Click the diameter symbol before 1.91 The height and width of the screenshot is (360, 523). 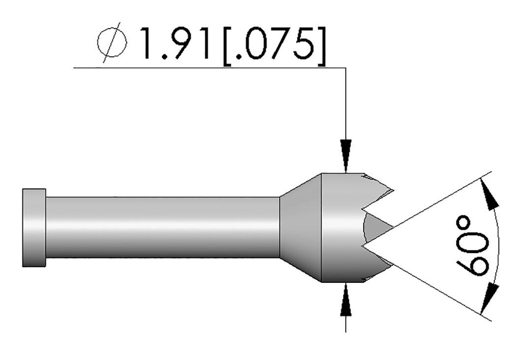(x=112, y=43)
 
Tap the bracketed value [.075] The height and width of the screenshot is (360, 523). (x=273, y=43)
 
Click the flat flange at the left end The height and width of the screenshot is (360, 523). (x=34, y=227)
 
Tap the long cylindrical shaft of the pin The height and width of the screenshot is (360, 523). (x=163, y=227)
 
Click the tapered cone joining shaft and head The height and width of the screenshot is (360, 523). (x=300, y=227)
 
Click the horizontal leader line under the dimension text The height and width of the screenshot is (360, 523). (x=204, y=67)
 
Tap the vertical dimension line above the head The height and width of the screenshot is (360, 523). (x=346, y=102)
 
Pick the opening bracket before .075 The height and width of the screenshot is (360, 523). (x=228, y=43)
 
